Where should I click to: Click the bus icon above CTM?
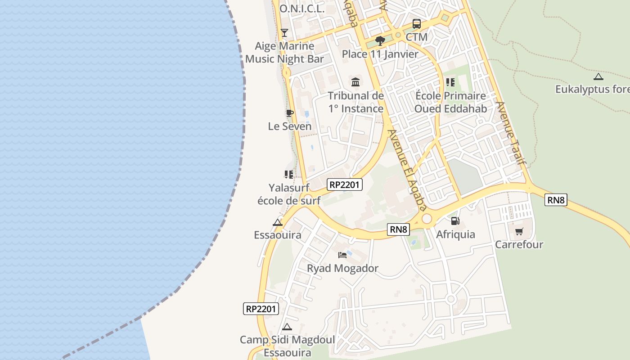click(x=417, y=23)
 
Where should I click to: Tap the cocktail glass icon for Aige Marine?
click(x=284, y=32)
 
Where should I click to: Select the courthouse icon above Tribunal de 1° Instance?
click(x=355, y=82)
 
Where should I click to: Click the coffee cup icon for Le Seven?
click(x=289, y=113)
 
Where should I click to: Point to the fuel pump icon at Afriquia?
click(x=455, y=221)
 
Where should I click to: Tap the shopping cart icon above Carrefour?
click(x=519, y=231)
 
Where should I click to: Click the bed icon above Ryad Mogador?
click(x=342, y=255)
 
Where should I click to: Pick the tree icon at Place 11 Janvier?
click(x=380, y=41)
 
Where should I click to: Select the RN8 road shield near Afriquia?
click(x=398, y=229)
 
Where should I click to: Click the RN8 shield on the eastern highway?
click(x=556, y=200)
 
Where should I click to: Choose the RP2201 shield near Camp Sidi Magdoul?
click(x=261, y=309)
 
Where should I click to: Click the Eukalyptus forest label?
click(x=592, y=89)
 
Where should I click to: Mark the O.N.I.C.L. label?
click(x=302, y=9)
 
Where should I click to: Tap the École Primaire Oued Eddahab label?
click(x=450, y=102)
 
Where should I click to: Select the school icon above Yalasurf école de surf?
click(x=289, y=174)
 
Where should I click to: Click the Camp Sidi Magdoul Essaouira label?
click(x=287, y=346)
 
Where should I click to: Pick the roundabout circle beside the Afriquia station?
click(x=427, y=219)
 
